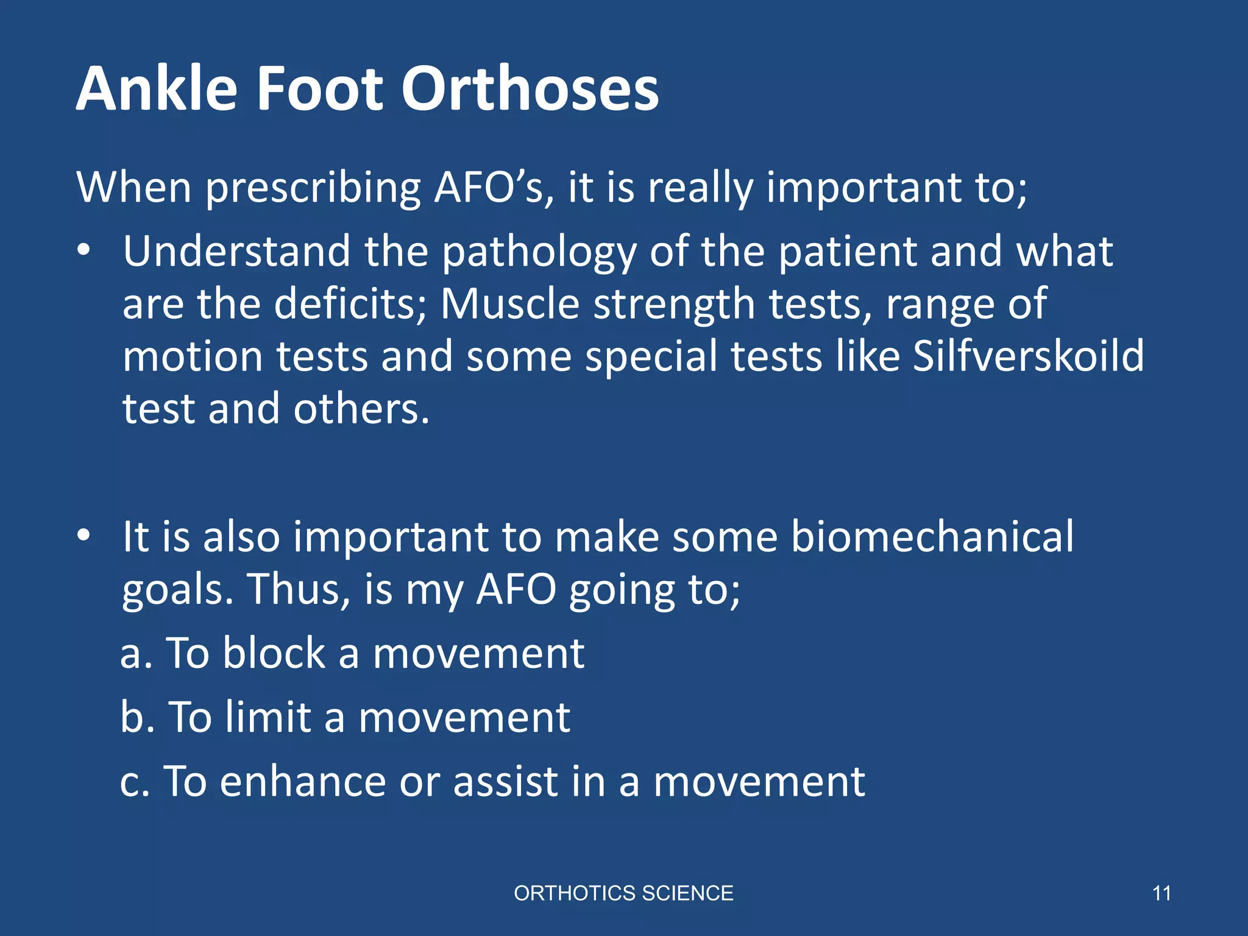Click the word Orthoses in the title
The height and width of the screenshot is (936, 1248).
coord(530,89)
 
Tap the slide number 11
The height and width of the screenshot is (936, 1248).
coord(1161,893)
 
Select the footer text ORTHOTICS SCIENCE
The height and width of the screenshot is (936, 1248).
coord(623,893)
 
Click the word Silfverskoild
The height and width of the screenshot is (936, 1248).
coord(1028,356)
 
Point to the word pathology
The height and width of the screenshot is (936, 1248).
coord(539,252)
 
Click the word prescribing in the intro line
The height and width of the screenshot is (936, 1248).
coord(313,188)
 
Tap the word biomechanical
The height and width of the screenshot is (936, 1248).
coord(932,537)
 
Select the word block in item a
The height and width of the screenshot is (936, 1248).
coord(274,653)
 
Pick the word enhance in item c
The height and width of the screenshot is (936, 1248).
coord(303,782)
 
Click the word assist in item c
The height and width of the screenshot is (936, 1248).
coord(505,782)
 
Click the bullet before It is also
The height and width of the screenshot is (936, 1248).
coord(84,536)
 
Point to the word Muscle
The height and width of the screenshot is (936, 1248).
coord(509,304)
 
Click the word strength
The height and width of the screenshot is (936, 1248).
coord(674,304)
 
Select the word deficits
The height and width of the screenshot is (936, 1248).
coord(350,304)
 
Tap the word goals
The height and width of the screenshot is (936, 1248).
coord(177,591)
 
